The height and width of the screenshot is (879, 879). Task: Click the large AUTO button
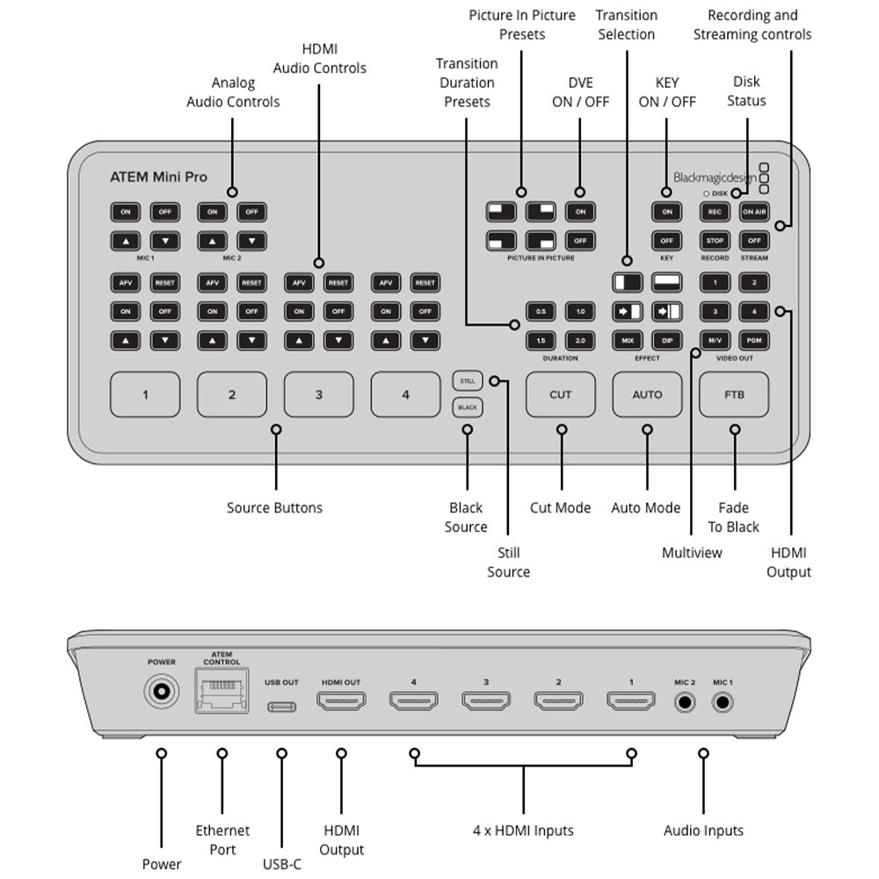pos(647,395)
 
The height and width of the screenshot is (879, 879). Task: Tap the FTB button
pos(734,395)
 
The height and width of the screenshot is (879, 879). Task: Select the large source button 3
pos(318,395)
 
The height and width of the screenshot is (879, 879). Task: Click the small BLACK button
pos(467,408)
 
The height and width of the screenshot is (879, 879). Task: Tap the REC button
pos(715,212)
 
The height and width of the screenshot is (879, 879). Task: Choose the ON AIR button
pos(753,212)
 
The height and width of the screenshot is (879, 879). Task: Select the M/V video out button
pos(715,339)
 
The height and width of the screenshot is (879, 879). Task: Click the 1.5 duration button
pos(541,339)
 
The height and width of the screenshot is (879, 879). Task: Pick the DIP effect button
pos(666,339)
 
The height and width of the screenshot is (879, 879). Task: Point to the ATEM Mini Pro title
pos(158,177)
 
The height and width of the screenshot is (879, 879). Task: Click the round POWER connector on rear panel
pos(161,692)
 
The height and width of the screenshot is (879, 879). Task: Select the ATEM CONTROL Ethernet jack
pos(222,692)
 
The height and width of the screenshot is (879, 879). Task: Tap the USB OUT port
pos(281,706)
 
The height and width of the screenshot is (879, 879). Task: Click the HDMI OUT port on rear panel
pos(341,701)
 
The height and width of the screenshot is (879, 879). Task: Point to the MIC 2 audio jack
pos(685,701)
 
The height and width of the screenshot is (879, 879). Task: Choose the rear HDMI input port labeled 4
pos(413,701)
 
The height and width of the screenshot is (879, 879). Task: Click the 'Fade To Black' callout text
pos(734,517)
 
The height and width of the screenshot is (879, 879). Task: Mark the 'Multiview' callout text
pos(691,553)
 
